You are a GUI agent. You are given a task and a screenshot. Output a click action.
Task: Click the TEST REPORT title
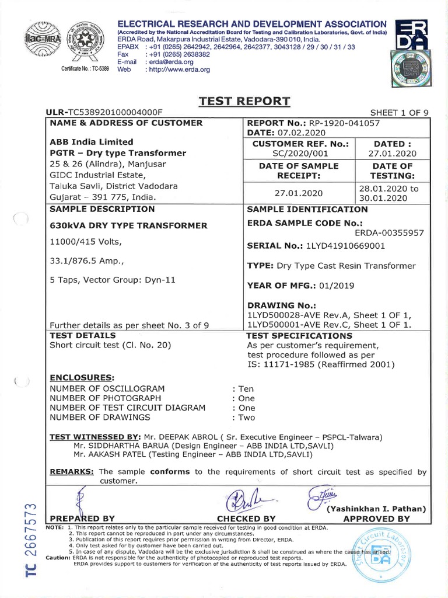click(244, 101)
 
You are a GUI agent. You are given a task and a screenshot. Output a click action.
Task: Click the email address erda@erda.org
click(166, 61)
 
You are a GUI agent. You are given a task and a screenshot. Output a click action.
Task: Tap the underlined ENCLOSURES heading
click(81, 377)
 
